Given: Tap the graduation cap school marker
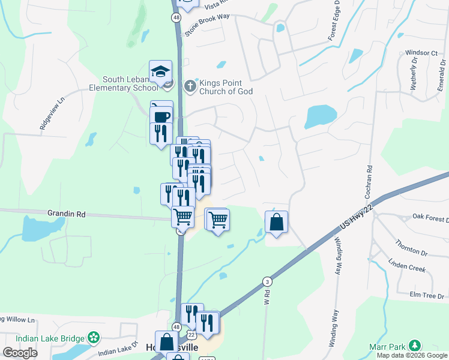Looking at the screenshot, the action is pyautogui.click(x=161, y=71).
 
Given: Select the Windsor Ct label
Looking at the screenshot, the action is pyautogui.click(x=421, y=53).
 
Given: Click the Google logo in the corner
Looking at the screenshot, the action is pyautogui.click(x=19, y=353).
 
